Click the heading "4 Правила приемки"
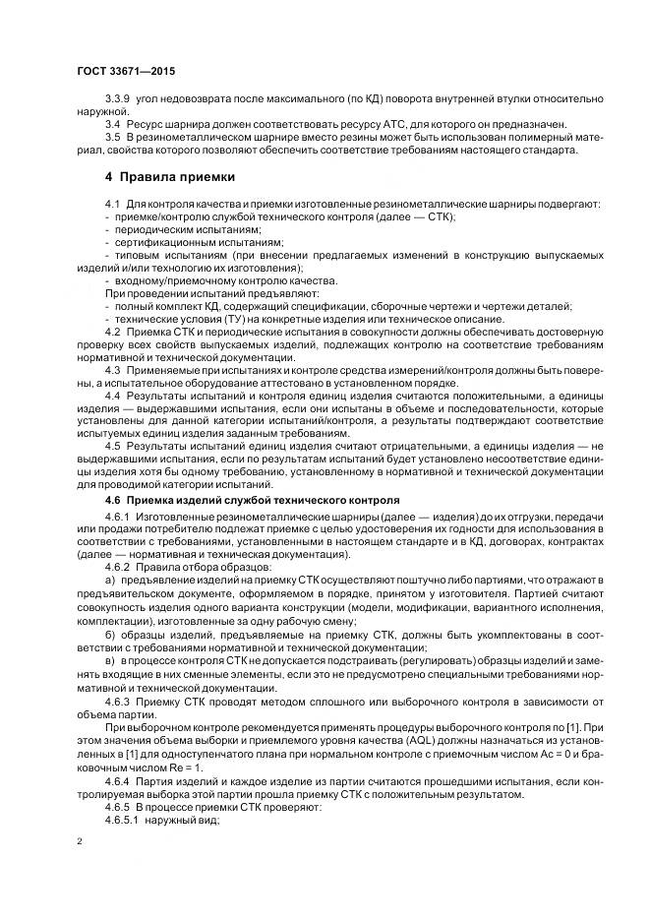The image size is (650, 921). [x=170, y=177]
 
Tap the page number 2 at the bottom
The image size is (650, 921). [x=79, y=840]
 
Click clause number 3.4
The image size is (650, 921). [x=113, y=125]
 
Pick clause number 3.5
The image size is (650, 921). [x=113, y=138]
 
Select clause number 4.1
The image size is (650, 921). [x=113, y=203]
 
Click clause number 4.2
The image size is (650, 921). [x=113, y=333]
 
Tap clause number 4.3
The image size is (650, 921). [x=113, y=371]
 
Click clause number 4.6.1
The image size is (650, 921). [x=118, y=518]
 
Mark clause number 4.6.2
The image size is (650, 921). [x=118, y=569]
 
